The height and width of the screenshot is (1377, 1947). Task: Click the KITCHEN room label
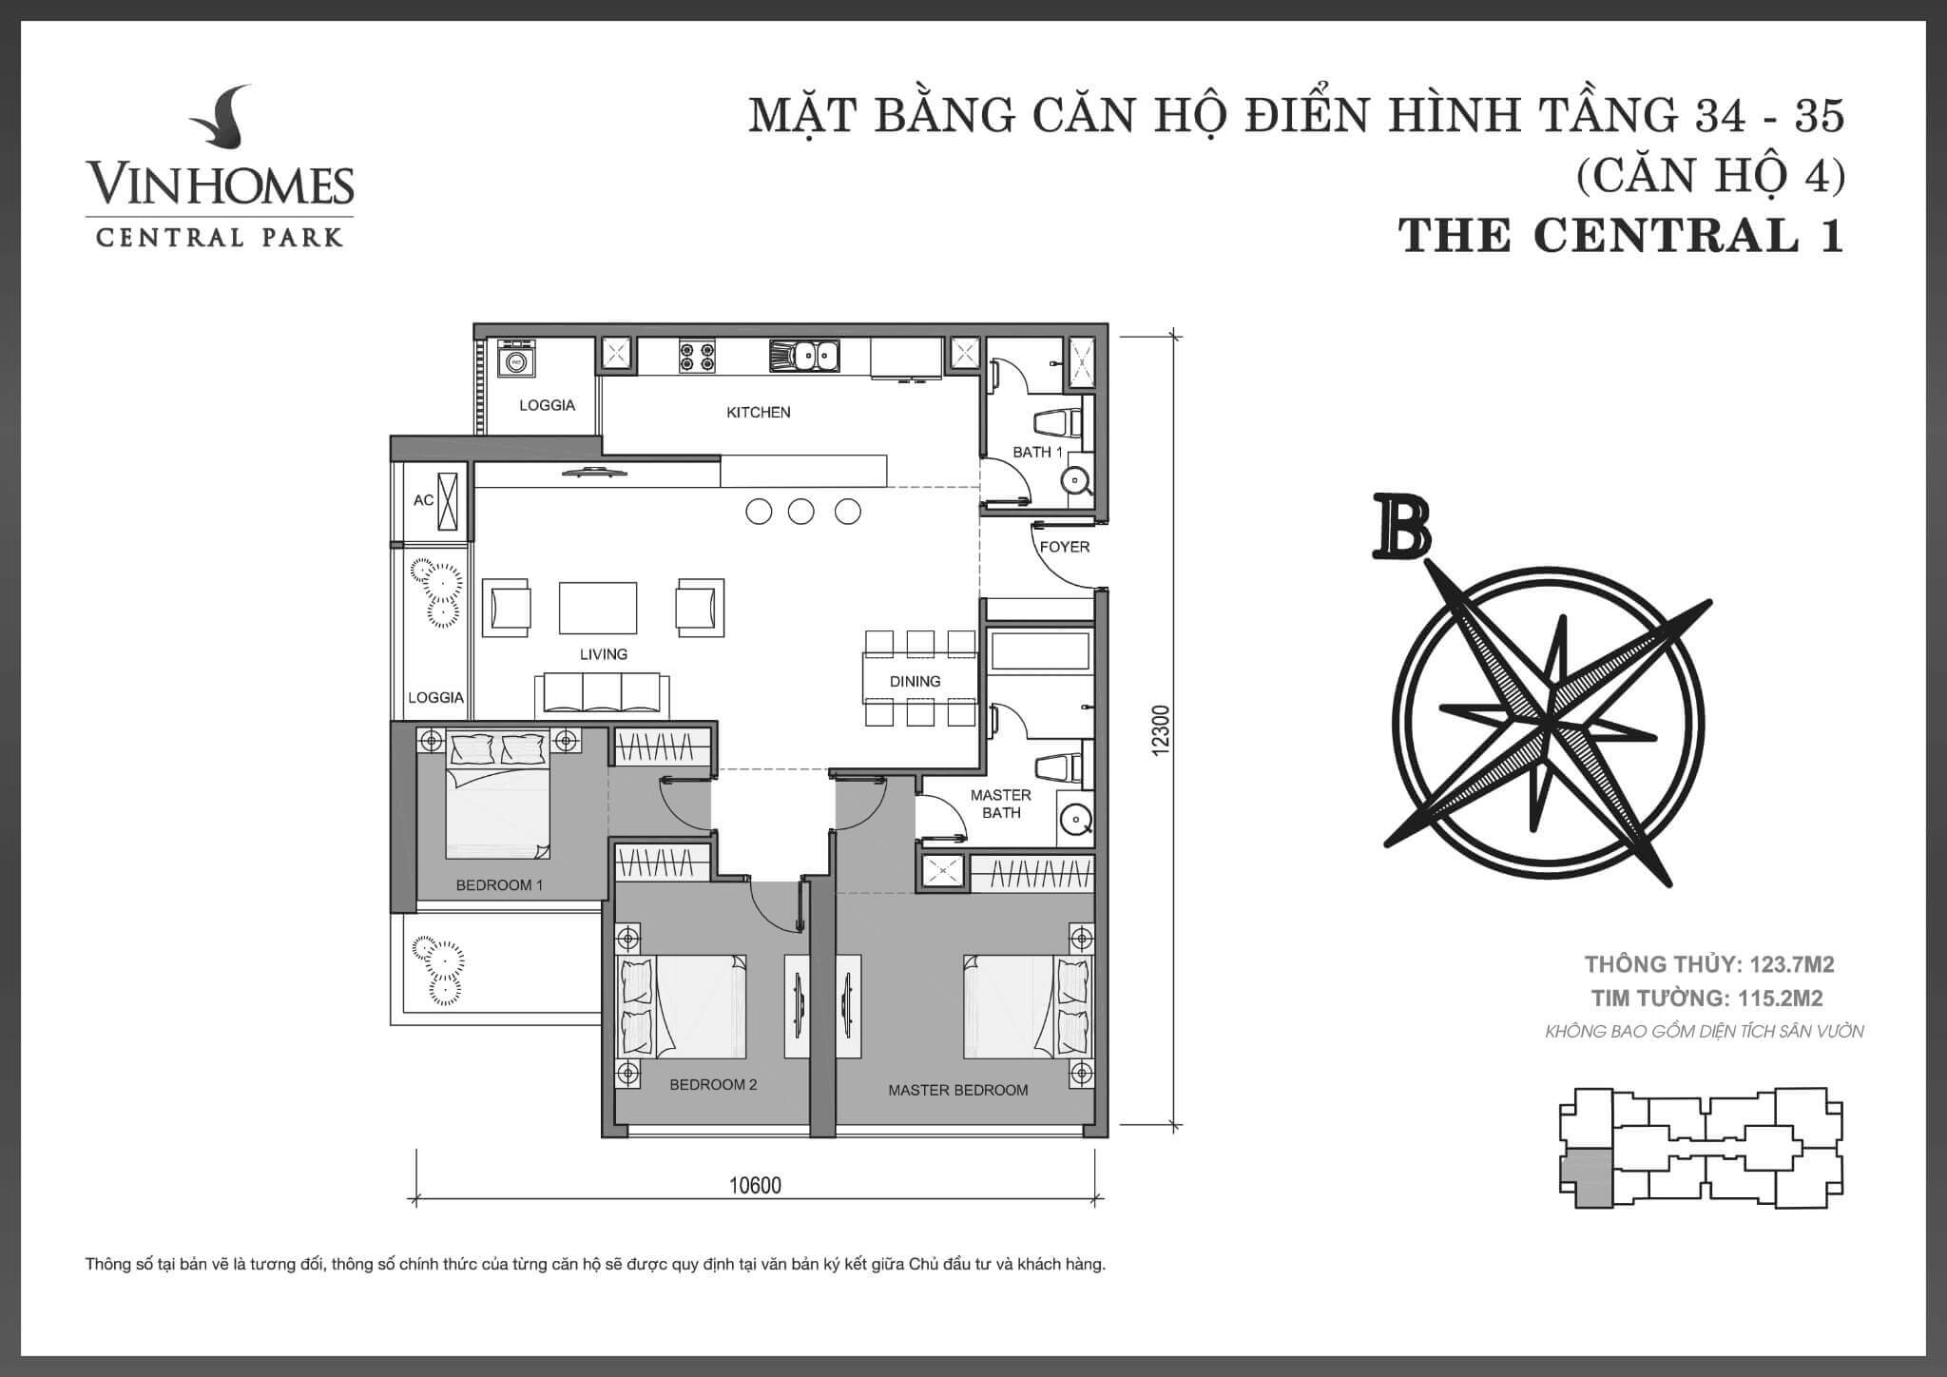tap(759, 412)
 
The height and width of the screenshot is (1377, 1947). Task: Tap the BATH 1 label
tap(1037, 452)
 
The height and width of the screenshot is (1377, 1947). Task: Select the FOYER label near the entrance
tap(1064, 547)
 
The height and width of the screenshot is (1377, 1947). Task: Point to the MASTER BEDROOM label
tap(957, 1090)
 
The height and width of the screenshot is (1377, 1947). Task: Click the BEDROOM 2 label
tap(713, 1084)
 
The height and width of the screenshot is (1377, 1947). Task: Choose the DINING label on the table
tap(915, 681)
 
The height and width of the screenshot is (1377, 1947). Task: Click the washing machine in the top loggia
tap(515, 361)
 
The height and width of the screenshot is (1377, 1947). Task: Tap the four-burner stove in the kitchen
tap(697, 356)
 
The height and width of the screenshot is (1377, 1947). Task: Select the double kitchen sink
tap(804, 356)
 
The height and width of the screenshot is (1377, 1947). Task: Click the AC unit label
tap(423, 500)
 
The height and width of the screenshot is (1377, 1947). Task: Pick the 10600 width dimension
tap(755, 1186)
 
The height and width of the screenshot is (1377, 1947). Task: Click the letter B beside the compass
tap(1400, 525)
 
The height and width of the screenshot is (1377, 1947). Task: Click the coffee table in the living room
tap(598, 608)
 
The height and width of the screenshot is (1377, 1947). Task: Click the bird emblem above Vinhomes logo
tap(220, 122)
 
